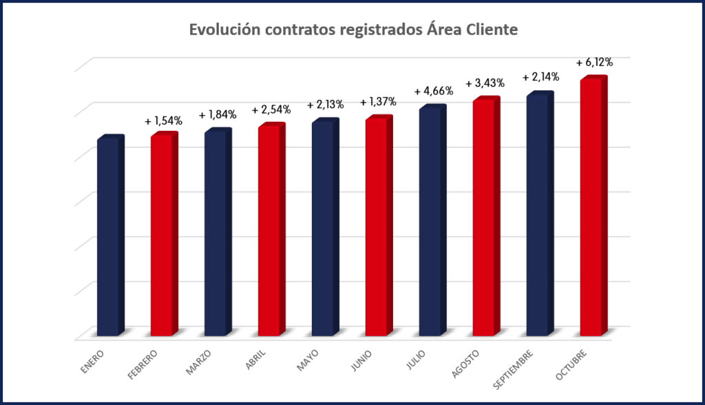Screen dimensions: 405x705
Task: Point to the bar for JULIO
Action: (x=432, y=221)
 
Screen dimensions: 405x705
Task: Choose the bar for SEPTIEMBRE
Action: (x=539, y=214)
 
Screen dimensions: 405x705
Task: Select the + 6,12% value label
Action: (x=594, y=62)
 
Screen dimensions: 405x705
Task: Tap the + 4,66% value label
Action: (x=432, y=92)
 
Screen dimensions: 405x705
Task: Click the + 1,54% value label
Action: (x=163, y=121)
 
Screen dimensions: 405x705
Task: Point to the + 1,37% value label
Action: (x=378, y=102)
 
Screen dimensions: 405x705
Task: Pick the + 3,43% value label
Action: (x=485, y=83)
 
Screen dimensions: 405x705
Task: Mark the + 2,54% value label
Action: (x=271, y=110)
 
